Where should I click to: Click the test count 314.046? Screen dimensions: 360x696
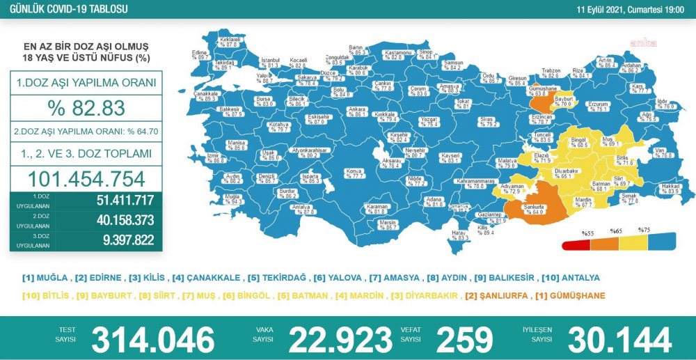[152, 339]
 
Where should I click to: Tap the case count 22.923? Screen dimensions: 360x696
[340, 339]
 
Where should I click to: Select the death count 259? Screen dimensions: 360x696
[464, 339]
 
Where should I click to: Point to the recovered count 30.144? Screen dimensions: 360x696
[619, 339]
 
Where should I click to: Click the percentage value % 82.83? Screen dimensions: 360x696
[86, 109]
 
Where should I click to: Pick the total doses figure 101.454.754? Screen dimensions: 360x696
[86, 179]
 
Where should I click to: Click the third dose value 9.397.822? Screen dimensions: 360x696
[126, 240]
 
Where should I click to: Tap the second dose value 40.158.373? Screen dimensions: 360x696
[126, 221]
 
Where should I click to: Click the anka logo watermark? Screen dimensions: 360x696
[643, 43]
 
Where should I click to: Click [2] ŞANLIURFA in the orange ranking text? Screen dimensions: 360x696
[496, 295]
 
